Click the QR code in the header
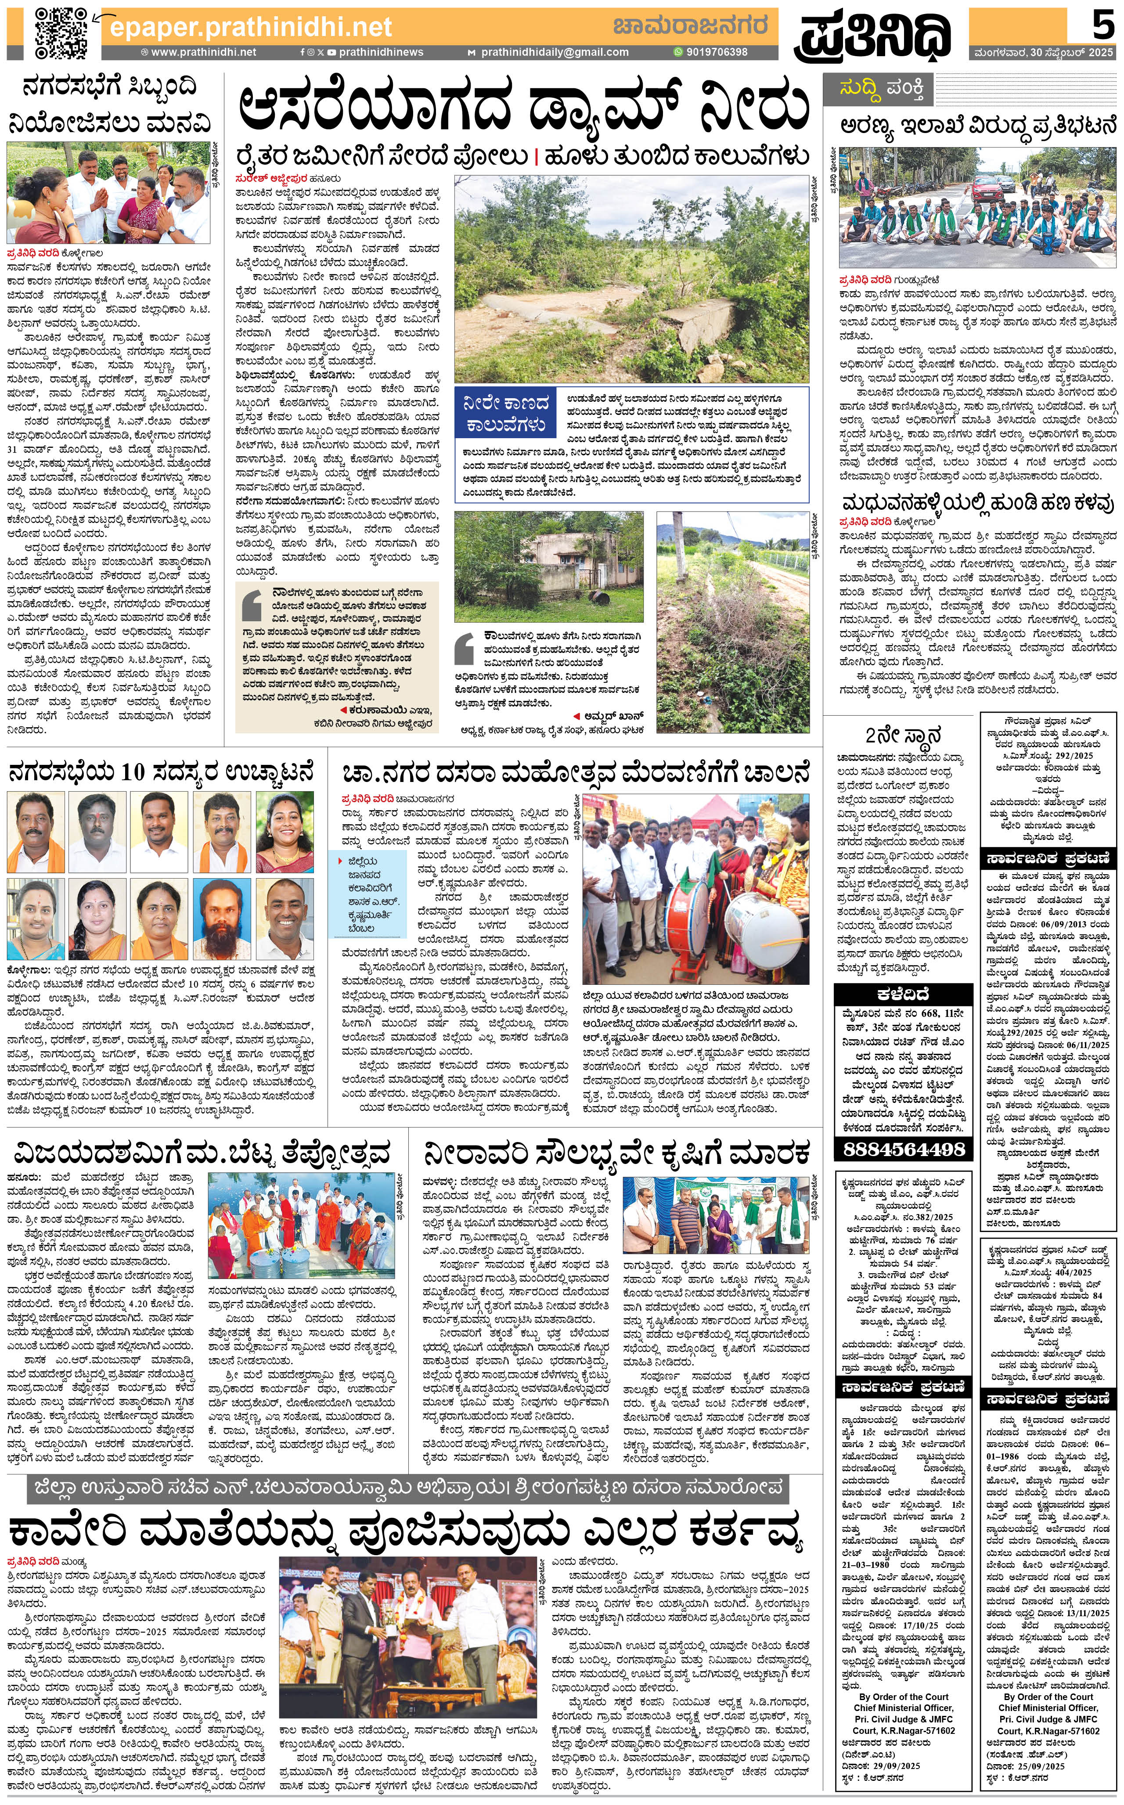coord(61,32)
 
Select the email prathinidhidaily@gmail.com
coord(554,52)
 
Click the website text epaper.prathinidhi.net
coord(251,28)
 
